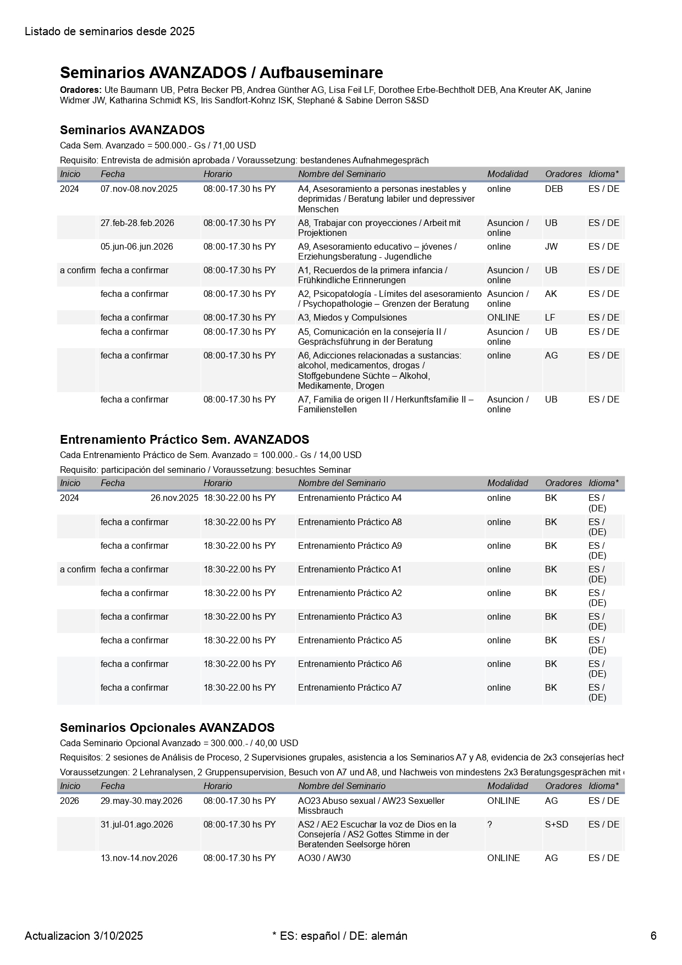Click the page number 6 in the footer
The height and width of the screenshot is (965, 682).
point(653,936)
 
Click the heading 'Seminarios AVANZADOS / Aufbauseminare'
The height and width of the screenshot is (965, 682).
point(221,73)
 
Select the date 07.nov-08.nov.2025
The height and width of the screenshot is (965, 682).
point(139,189)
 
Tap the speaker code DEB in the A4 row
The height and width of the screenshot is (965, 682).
point(554,189)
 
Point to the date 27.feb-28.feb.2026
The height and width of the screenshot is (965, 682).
point(137,223)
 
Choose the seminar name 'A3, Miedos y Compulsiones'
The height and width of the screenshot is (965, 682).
point(352,318)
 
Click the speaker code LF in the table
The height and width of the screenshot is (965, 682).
point(551,318)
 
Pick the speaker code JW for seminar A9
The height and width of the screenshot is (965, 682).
point(551,247)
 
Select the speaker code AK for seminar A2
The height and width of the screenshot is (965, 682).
point(551,294)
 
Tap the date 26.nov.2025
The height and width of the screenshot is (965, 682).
point(174,498)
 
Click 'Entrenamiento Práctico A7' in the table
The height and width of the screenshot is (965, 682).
point(350,688)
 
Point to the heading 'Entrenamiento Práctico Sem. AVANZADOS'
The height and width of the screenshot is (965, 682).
point(184,440)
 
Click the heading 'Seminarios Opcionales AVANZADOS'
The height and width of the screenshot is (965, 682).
point(167,728)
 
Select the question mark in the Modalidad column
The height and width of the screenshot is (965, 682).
point(490,825)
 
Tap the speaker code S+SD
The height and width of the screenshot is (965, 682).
point(557,825)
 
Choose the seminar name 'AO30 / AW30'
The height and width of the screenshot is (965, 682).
point(324,858)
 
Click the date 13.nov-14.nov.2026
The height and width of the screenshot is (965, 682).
point(139,858)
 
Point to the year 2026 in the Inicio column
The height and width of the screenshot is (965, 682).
point(69,801)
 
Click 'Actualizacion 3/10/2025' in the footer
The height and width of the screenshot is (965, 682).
point(84,936)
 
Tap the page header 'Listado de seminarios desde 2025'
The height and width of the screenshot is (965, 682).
point(109,31)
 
